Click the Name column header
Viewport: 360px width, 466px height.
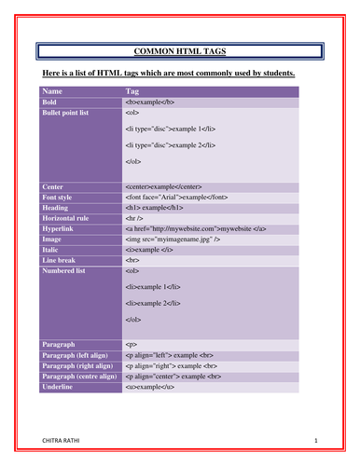53,91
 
